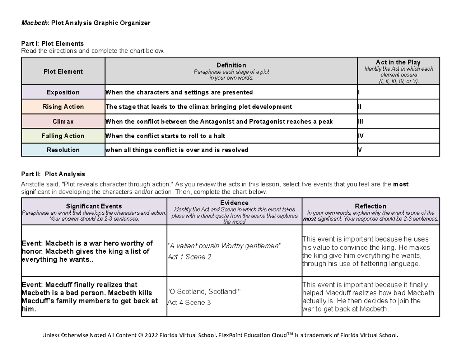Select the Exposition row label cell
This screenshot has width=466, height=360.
click(63, 92)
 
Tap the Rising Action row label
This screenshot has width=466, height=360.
click(63, 107)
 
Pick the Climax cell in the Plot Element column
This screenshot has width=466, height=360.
click(63, 122)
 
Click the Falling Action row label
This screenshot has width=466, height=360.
click(63, 136)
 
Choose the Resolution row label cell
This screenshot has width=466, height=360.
click(63, 150)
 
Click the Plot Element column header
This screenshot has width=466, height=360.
click(63, 71)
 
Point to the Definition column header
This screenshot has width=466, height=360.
click(231, 65)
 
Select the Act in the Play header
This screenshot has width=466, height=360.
click(398, 62)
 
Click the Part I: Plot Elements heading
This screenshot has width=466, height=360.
click(52, 43)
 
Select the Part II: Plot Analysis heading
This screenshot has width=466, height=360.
click(53, 174)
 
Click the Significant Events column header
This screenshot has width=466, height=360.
click(94, 206)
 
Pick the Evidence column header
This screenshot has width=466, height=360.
click(234, 203)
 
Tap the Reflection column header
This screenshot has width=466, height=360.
click(370, 206)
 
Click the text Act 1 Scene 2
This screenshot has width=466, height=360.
click(189, 257)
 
